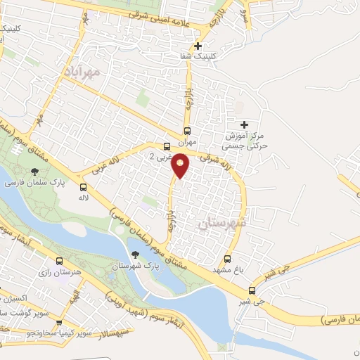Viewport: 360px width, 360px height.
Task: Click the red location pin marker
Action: [181, 166]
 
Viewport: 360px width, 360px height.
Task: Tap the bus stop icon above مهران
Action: [187, 130]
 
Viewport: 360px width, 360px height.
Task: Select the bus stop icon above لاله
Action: [84, 187]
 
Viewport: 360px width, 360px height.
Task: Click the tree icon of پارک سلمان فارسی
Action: [34, 171]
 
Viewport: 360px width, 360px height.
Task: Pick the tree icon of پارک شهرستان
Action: [135, 255]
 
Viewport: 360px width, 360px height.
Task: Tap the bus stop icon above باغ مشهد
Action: [227, 259]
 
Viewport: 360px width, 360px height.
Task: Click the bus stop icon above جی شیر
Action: [252, 290]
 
